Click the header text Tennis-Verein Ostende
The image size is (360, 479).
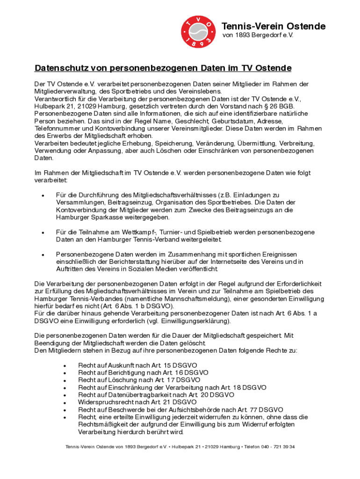273,26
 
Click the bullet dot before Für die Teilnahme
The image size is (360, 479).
43,232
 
